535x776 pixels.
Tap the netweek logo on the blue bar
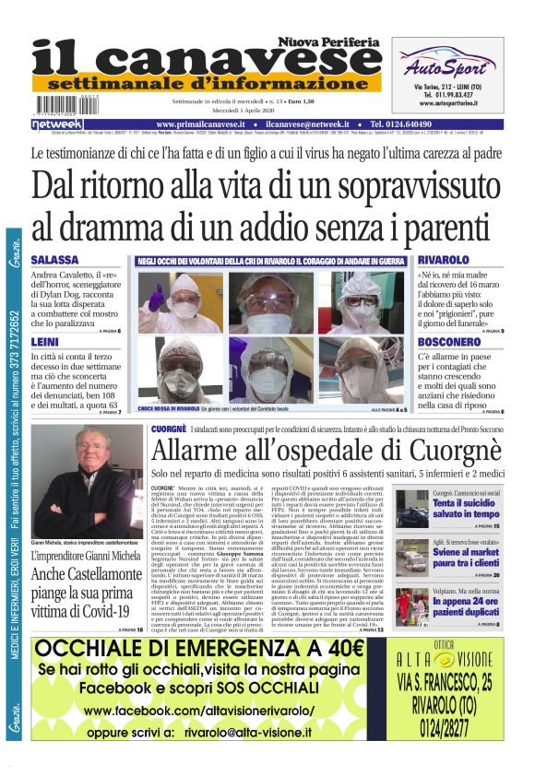tap(56, 123)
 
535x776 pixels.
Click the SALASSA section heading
tap(55, 260)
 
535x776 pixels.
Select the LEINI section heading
tap(45, 342)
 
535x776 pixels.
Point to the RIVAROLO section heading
tap(448, 260)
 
